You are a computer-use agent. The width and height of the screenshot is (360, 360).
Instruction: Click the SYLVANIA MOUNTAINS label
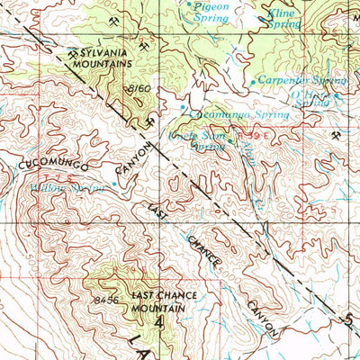point(105,58)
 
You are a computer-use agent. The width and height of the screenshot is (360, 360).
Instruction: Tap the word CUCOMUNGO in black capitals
point(50,165)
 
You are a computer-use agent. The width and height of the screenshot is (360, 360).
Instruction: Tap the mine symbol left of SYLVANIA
point(71,53)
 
